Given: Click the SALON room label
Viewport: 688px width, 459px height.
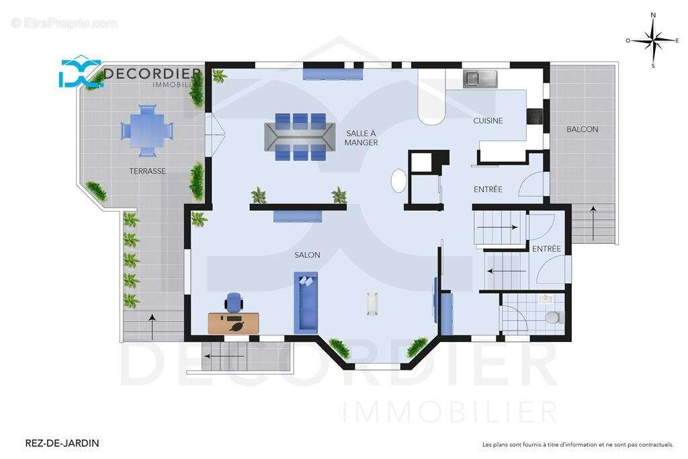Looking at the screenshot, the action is [x=307, y=255].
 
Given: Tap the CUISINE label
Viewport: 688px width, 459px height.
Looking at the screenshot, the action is [x=488, y=121].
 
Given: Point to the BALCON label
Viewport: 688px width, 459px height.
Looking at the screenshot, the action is [x=583, y=129].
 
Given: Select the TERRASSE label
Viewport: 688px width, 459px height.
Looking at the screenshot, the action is [x=147, y=171].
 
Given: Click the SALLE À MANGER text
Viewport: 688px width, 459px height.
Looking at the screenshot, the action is [x=361, y=138].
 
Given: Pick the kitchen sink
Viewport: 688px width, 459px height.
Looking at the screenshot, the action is [x=480, y=79].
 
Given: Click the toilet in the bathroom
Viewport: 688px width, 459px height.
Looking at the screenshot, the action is [x=556, y=317].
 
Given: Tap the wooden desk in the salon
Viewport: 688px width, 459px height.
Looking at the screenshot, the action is [x=233, y=323].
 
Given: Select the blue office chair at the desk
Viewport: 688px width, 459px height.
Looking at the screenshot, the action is [x=234, y=302].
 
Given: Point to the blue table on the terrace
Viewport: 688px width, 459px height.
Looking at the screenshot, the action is [x=147, y=130].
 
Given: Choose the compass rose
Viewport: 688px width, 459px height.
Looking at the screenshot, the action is [x=653, y=41].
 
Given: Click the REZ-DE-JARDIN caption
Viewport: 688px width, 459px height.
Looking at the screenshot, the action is [x=62, y=443].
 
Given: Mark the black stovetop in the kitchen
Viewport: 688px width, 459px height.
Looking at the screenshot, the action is [x=534, y=116].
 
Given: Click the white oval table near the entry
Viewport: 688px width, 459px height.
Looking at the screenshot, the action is [x=399, y=181].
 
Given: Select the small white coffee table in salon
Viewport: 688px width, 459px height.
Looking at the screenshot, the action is [x=372, y=304].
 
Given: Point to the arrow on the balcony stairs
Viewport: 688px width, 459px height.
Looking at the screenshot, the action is [x=593, y=223].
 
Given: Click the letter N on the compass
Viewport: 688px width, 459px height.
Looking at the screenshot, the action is [x=653, y=15].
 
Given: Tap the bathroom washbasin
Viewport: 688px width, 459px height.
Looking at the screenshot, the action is [x=546, y=299].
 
